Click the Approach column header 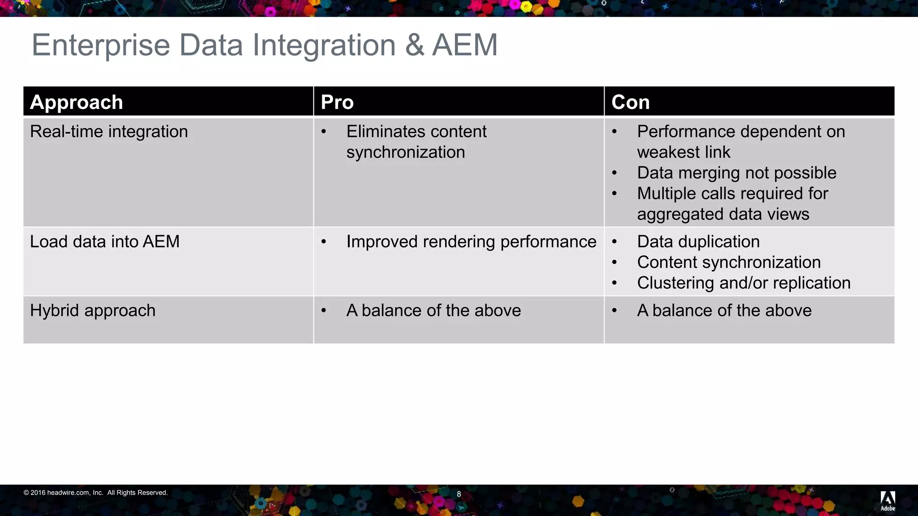76,102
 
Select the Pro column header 337,102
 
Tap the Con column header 630,102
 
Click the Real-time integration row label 109,132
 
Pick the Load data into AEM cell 104,242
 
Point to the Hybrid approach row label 93,310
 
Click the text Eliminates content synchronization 416,142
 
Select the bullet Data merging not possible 736,173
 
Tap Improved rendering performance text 471,242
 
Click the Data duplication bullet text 698,242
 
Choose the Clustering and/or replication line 744,283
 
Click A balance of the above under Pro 433,310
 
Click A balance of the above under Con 724,310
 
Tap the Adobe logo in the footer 888,500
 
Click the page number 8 459,494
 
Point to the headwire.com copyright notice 95,493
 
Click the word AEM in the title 465,45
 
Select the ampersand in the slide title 415,45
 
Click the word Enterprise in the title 101,45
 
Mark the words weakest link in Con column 683,152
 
